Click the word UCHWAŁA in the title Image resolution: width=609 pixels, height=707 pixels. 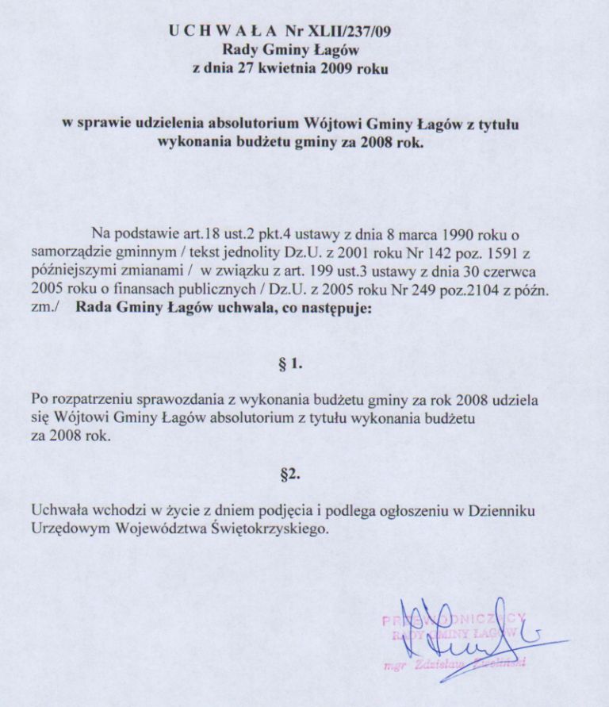click(x=221, y=31)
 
